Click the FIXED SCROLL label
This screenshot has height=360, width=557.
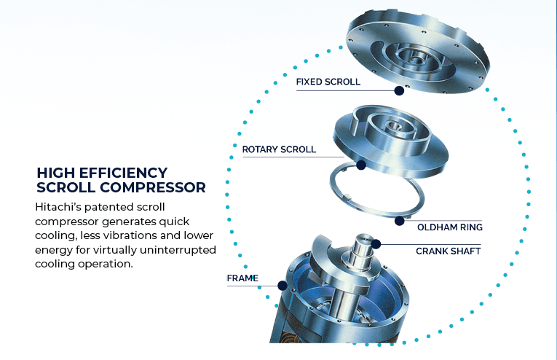(x=328, y=82)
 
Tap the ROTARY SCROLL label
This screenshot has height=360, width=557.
(x=279, y=149)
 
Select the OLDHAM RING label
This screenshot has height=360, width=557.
(x=450, y=227)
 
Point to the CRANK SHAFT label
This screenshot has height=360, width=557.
(x=449, y=251)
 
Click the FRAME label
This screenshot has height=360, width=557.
(x=242, y=278)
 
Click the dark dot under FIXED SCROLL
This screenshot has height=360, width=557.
(x=399, y=90)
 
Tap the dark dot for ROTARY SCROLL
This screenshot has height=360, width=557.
(x=361, y=165)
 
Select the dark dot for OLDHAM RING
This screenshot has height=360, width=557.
(x=399, y=221)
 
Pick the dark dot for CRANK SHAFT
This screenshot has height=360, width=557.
(x=376, y=244)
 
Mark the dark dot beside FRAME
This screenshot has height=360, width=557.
(x=283, y=286)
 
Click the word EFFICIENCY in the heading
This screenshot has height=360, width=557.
(x=123, y=173)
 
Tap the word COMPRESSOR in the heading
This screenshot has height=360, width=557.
(x=153, y=187)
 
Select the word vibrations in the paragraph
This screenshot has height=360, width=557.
(x=135, y=235)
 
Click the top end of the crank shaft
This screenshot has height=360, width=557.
(x=364, y=238)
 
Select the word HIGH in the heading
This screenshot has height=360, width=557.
(x=56, y=173)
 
